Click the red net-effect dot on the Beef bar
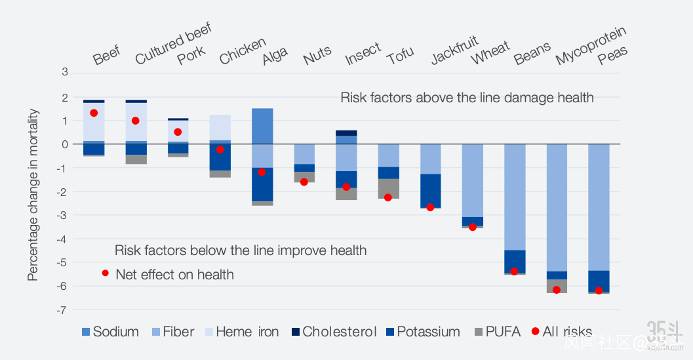coord(94,113)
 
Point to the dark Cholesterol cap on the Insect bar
coord(346,133)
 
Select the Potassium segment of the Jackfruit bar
coord(430,190)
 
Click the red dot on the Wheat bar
coord(473,227)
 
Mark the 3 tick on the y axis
coord(65,72)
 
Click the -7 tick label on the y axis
coord(63,310)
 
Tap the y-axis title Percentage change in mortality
coord(33,195)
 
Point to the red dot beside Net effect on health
coord(105,273)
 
